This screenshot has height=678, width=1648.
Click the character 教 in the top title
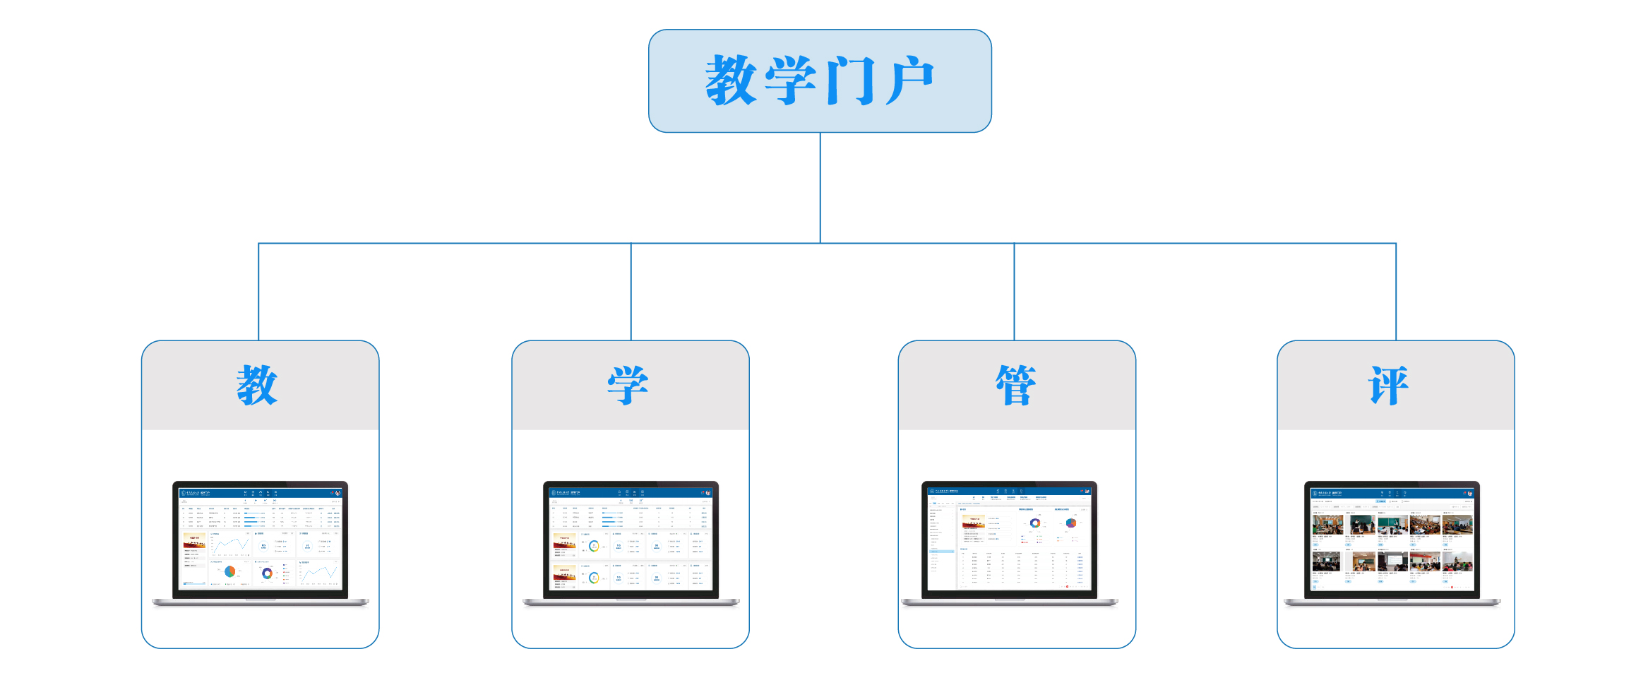point(732,81)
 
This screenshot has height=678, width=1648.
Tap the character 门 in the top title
point(849,81)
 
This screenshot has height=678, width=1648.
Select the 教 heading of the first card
point(257,386)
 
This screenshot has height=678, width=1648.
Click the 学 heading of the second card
point(628,386)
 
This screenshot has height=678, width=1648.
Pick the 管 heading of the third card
point(1016,386)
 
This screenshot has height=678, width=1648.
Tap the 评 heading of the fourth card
point(1389,386)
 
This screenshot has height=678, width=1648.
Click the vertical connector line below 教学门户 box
point(820,187)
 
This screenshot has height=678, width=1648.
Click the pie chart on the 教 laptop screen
point(229,571)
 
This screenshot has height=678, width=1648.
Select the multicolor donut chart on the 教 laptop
point(267,573)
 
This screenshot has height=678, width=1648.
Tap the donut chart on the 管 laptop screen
point(1035,523)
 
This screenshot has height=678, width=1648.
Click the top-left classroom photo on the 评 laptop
point(1327,525)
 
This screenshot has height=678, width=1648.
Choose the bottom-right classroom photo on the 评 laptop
point(1457,562)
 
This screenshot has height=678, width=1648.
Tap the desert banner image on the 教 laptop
point(194,540)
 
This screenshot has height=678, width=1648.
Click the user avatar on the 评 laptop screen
point(1470,493)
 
